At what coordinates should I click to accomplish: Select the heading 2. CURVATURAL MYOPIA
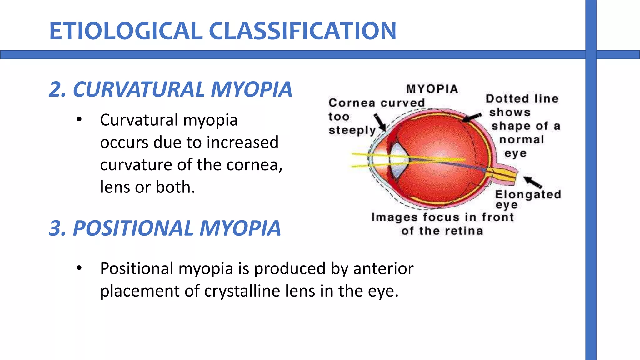point(171,90)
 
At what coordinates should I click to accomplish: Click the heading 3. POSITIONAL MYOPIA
point(165,228)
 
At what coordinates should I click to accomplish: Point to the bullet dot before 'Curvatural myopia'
point(79,119)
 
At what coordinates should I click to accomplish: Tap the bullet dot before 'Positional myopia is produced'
point(79,268)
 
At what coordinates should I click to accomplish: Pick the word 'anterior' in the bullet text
point(383,268)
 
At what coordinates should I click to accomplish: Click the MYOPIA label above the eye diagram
point(432,89)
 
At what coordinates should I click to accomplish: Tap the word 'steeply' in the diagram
point(352,130)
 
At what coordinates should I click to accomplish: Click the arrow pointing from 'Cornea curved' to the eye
point(380,123)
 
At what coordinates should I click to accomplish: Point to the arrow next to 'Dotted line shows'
point(472,117)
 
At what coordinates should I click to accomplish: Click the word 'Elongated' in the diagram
point(528,194)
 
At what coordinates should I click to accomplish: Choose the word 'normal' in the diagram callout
point(522,139)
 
